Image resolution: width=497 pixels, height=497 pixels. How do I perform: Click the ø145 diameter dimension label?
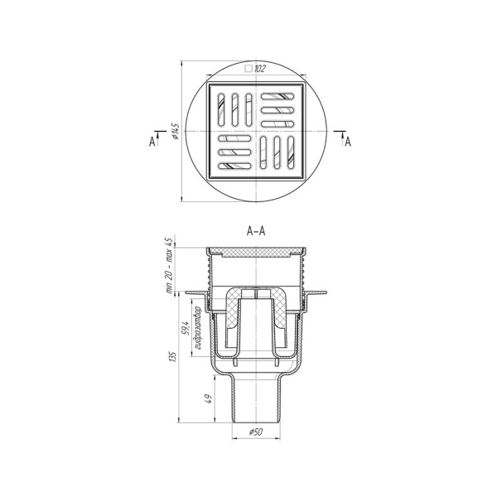tap(176, 131)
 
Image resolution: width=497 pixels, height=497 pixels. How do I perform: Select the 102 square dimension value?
tap(259, 69)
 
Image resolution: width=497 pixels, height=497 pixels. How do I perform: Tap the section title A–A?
tap(256, 231)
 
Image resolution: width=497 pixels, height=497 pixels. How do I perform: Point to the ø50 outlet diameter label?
tap(256, 432)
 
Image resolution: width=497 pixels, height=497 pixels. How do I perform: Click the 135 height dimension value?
tap(174, 356)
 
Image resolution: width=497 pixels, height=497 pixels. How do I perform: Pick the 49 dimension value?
tap(209, 398)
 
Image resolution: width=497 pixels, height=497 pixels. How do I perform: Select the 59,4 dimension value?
tap(185, 329)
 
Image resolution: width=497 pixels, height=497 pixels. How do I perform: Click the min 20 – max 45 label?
tap(169, 266)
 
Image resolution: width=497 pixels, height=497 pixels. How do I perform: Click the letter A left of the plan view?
tap(152, 142)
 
